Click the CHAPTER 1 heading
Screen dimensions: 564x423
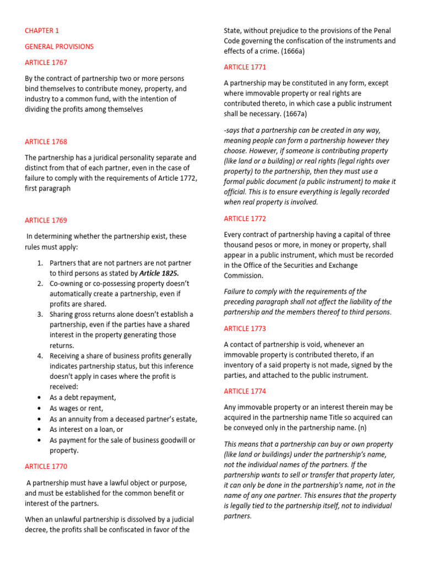pos(42,31)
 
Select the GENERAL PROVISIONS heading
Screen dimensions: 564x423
pos(59,47)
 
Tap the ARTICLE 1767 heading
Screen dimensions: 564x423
pos(46,63)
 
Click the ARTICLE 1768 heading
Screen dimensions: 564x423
pos(46,142)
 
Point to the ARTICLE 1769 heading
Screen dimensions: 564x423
pos(46,220)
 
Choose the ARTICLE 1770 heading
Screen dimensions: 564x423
pos(46,467)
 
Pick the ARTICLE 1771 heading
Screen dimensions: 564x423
pos(245,67)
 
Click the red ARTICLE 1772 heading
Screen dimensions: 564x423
pos(245,219)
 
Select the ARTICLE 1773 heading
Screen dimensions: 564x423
pos(245,329)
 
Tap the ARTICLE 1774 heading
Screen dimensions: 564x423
pos(245,392)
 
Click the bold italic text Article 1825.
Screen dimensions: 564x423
pos(159,273)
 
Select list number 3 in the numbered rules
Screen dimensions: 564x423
pos(40,314)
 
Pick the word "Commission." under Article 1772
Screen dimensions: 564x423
pos(243,276)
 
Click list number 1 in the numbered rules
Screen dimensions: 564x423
pos(40,263)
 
